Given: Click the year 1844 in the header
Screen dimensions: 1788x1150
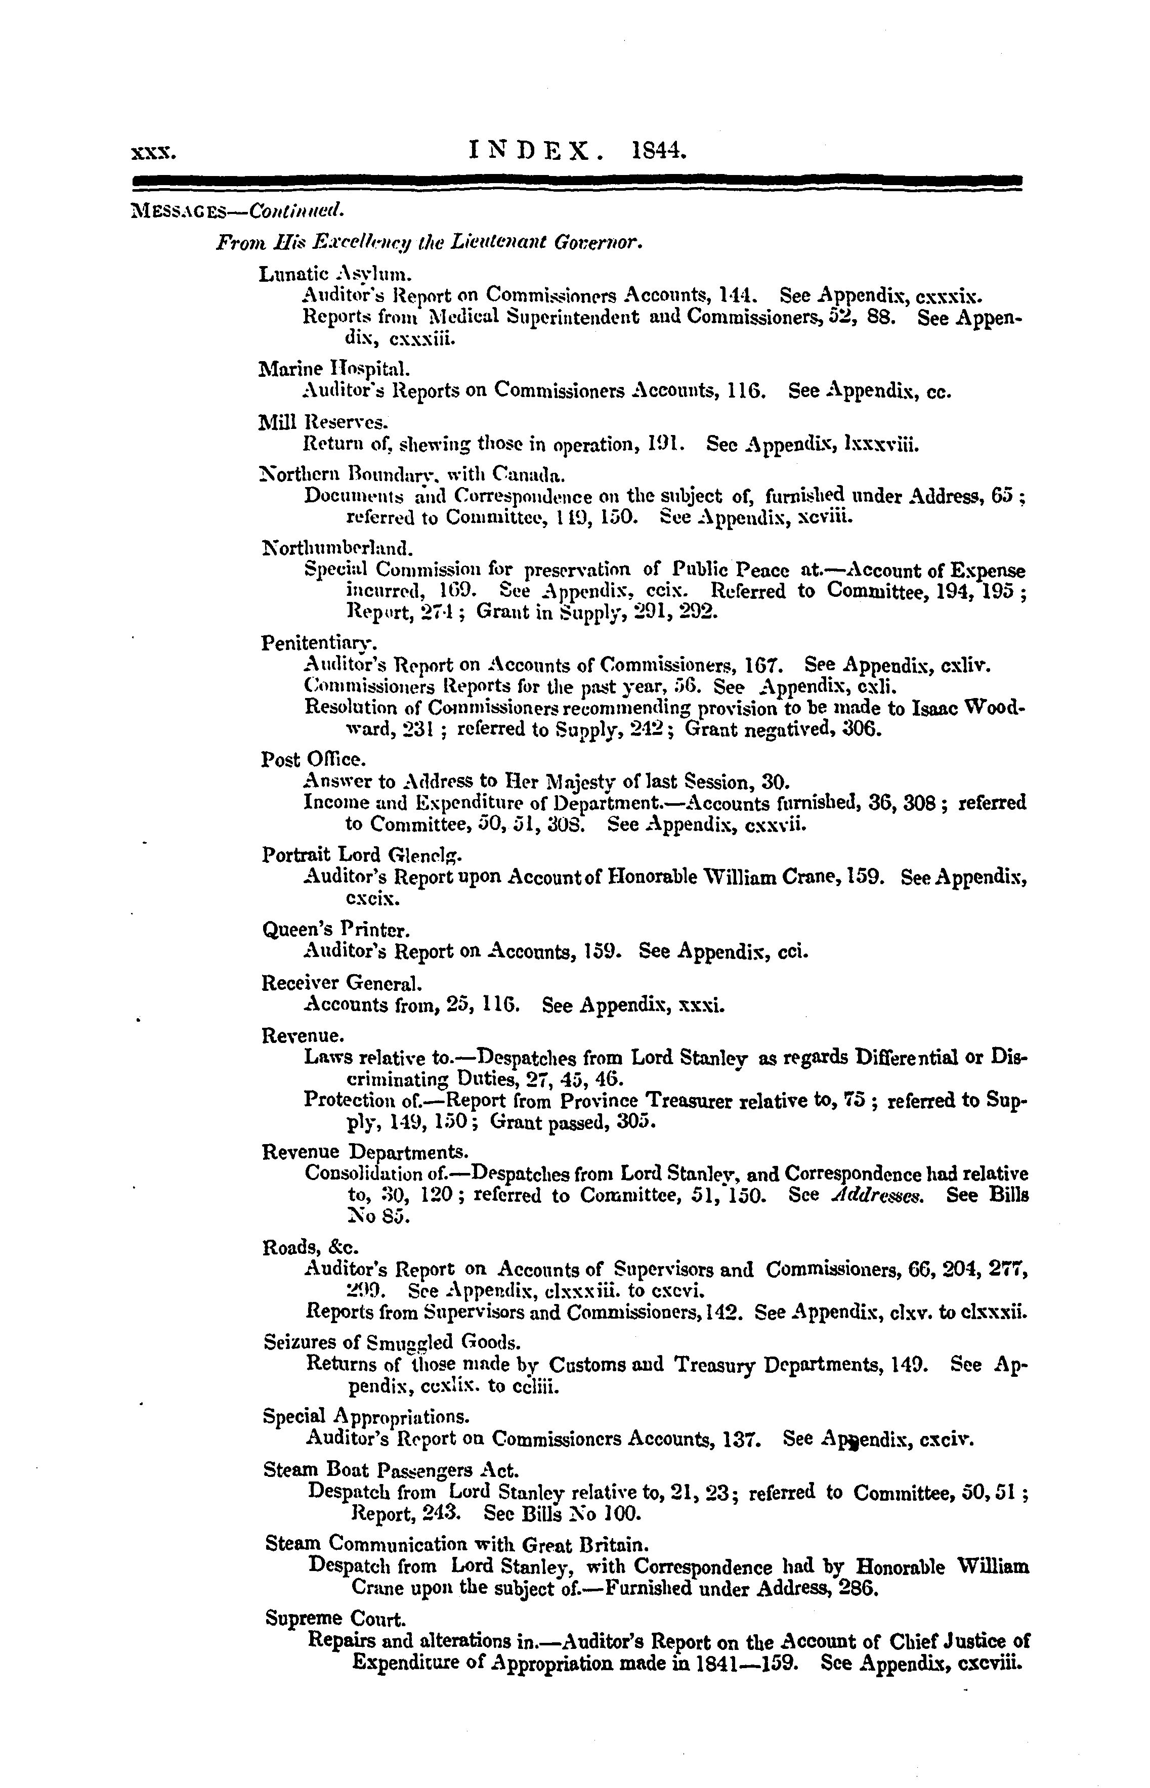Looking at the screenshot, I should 658,152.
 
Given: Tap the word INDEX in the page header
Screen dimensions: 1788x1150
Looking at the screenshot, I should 534,152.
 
